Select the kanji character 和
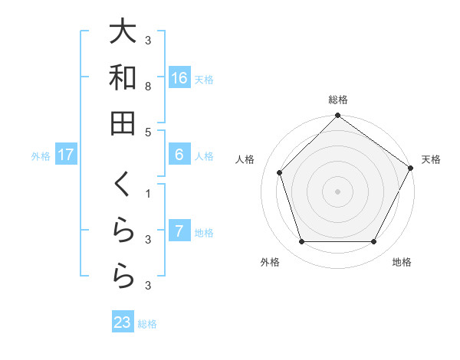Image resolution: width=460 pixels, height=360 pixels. point(123,77)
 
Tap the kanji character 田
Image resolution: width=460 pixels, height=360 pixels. point(123,123)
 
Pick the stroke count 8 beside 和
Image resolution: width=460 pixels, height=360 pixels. point(147,88)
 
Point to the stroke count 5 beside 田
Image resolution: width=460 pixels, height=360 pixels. point(147,133)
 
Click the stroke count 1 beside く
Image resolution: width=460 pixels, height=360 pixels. point(147,194)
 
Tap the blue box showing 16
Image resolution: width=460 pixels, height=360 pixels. point(179,78)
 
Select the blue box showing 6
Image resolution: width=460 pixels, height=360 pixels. point(179,155)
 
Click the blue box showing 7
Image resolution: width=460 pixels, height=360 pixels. point(179,231)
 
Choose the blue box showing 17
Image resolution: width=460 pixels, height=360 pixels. point(66,155)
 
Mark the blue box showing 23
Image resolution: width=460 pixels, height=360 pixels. point(123,322)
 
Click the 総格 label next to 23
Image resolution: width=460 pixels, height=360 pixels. point(148,324)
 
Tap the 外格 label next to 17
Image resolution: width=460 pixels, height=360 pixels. point(41,156)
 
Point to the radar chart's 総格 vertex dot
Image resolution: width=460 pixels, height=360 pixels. point(338,117)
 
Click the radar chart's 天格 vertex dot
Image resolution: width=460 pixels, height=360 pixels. point(411,168)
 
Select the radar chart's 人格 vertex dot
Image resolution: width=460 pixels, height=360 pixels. point(280,172)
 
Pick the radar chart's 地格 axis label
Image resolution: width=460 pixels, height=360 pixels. point(402,263)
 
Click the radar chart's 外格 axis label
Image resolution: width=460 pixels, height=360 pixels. point(270,263)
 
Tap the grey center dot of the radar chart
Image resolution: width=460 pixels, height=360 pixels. point(338,191)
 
